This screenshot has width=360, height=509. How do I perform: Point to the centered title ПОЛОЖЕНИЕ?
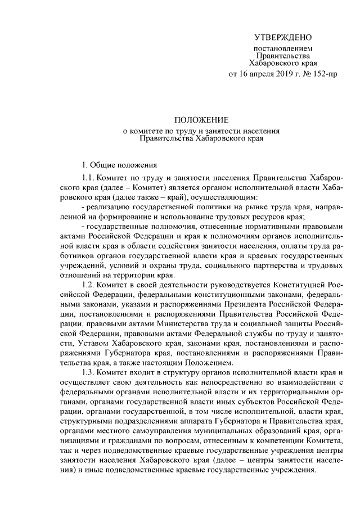tap(200, 120)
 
